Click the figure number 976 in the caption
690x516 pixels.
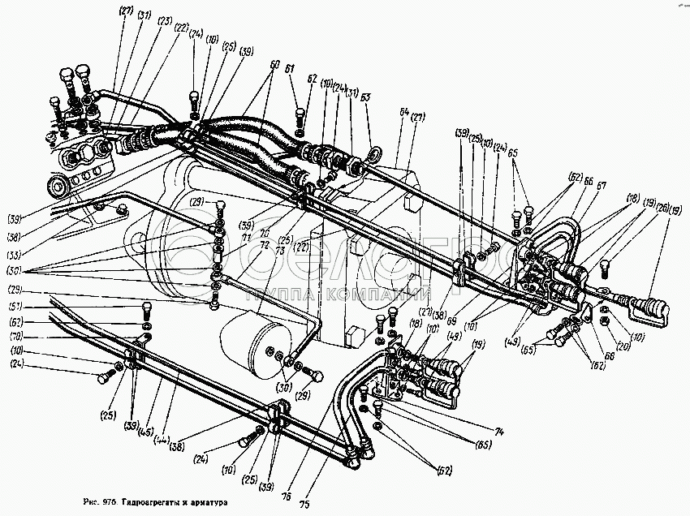[110, 503]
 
